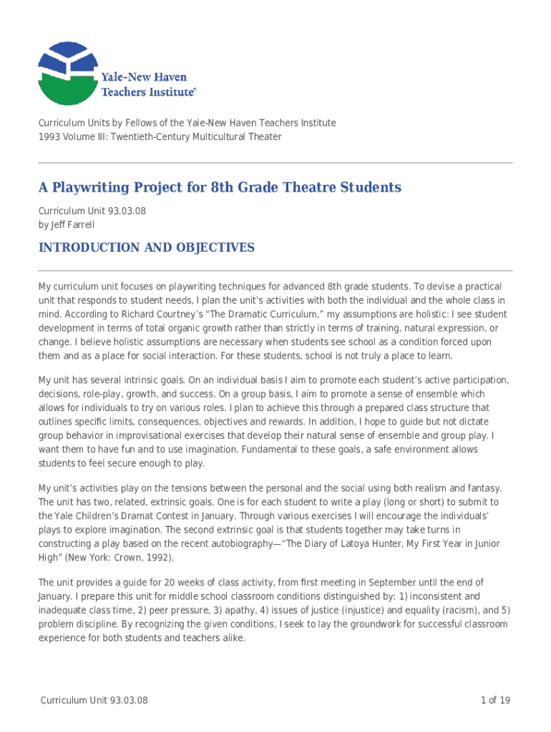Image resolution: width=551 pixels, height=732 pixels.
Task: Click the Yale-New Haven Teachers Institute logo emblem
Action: (x=67, y=73)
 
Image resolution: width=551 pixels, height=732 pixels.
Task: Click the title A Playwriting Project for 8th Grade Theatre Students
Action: (x=220, y=188)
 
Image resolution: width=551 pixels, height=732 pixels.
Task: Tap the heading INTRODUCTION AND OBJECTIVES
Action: (x=146, y=248)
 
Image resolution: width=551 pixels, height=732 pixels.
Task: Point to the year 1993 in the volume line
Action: (x=49, y=137)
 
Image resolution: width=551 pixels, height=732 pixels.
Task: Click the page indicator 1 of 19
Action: (x=495, y=701)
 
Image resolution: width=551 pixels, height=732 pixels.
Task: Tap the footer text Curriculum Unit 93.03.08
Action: (x=94, y=701)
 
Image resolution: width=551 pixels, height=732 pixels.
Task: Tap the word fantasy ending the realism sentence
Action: (x=484, y=488)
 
